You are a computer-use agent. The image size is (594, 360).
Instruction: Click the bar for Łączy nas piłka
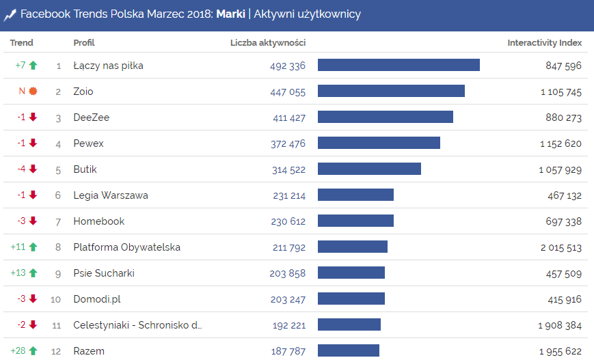coord(399,66)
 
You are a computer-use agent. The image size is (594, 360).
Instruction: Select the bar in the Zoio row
coord(391,92)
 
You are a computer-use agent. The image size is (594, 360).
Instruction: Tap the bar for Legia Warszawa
coord(355,195)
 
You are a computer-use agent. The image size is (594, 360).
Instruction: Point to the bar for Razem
coord(348,351)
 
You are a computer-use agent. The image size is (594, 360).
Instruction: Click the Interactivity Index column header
coord(544,43)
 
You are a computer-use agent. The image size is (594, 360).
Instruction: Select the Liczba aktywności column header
coord(268,43)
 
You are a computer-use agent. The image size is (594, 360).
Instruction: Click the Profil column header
coord(84,43)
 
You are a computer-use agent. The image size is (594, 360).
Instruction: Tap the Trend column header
coord(21,43)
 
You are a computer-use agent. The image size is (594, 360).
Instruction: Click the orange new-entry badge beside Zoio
coord(33,92)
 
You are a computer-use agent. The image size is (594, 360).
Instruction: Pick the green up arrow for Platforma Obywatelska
coord(33,247)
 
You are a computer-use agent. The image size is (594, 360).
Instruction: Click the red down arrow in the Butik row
coord(33,169)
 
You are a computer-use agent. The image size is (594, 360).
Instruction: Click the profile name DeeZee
coord(92,117)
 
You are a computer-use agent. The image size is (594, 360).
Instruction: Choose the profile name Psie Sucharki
coord(104,273)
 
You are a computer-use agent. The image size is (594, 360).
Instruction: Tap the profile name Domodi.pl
coord(97,299)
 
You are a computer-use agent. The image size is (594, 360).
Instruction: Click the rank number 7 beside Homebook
coord(58,221)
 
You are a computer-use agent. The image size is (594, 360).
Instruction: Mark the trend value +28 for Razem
coord(18,351)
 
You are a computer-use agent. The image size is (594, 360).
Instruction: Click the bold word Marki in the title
coord(230,14)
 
